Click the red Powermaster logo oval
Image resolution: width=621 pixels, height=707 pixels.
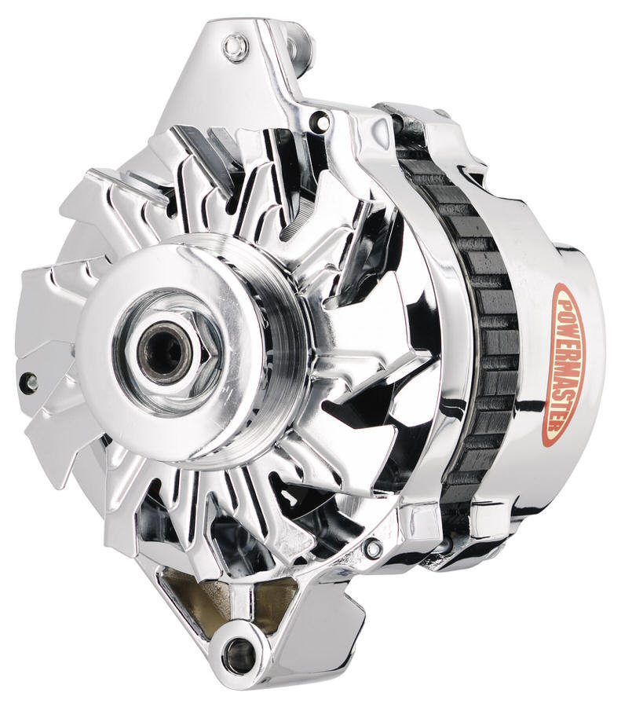click(x=568, y=364)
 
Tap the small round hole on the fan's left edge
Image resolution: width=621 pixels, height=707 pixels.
click(x=31, y=383)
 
